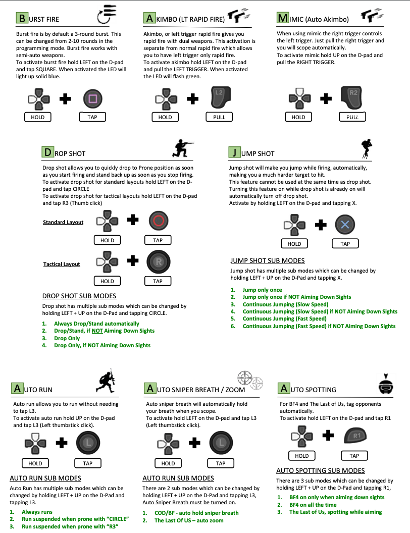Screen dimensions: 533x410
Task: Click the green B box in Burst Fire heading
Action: click(22, 19)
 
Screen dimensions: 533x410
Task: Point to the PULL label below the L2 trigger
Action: click(219, 117)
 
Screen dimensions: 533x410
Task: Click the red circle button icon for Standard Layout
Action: click(158, 221)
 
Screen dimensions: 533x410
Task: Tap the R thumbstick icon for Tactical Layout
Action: click(158, 262)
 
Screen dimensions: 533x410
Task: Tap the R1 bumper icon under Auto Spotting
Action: click(354, 436)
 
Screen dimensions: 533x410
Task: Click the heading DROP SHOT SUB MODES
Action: click(79, 296)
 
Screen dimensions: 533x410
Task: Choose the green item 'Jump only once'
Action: click(262, 290)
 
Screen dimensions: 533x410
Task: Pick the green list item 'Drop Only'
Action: click(67, 338)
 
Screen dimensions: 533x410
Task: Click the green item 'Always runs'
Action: click(37, 512)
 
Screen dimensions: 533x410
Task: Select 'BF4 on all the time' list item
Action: click(313, 505)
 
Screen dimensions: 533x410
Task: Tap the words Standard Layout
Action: click(63, 222)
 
